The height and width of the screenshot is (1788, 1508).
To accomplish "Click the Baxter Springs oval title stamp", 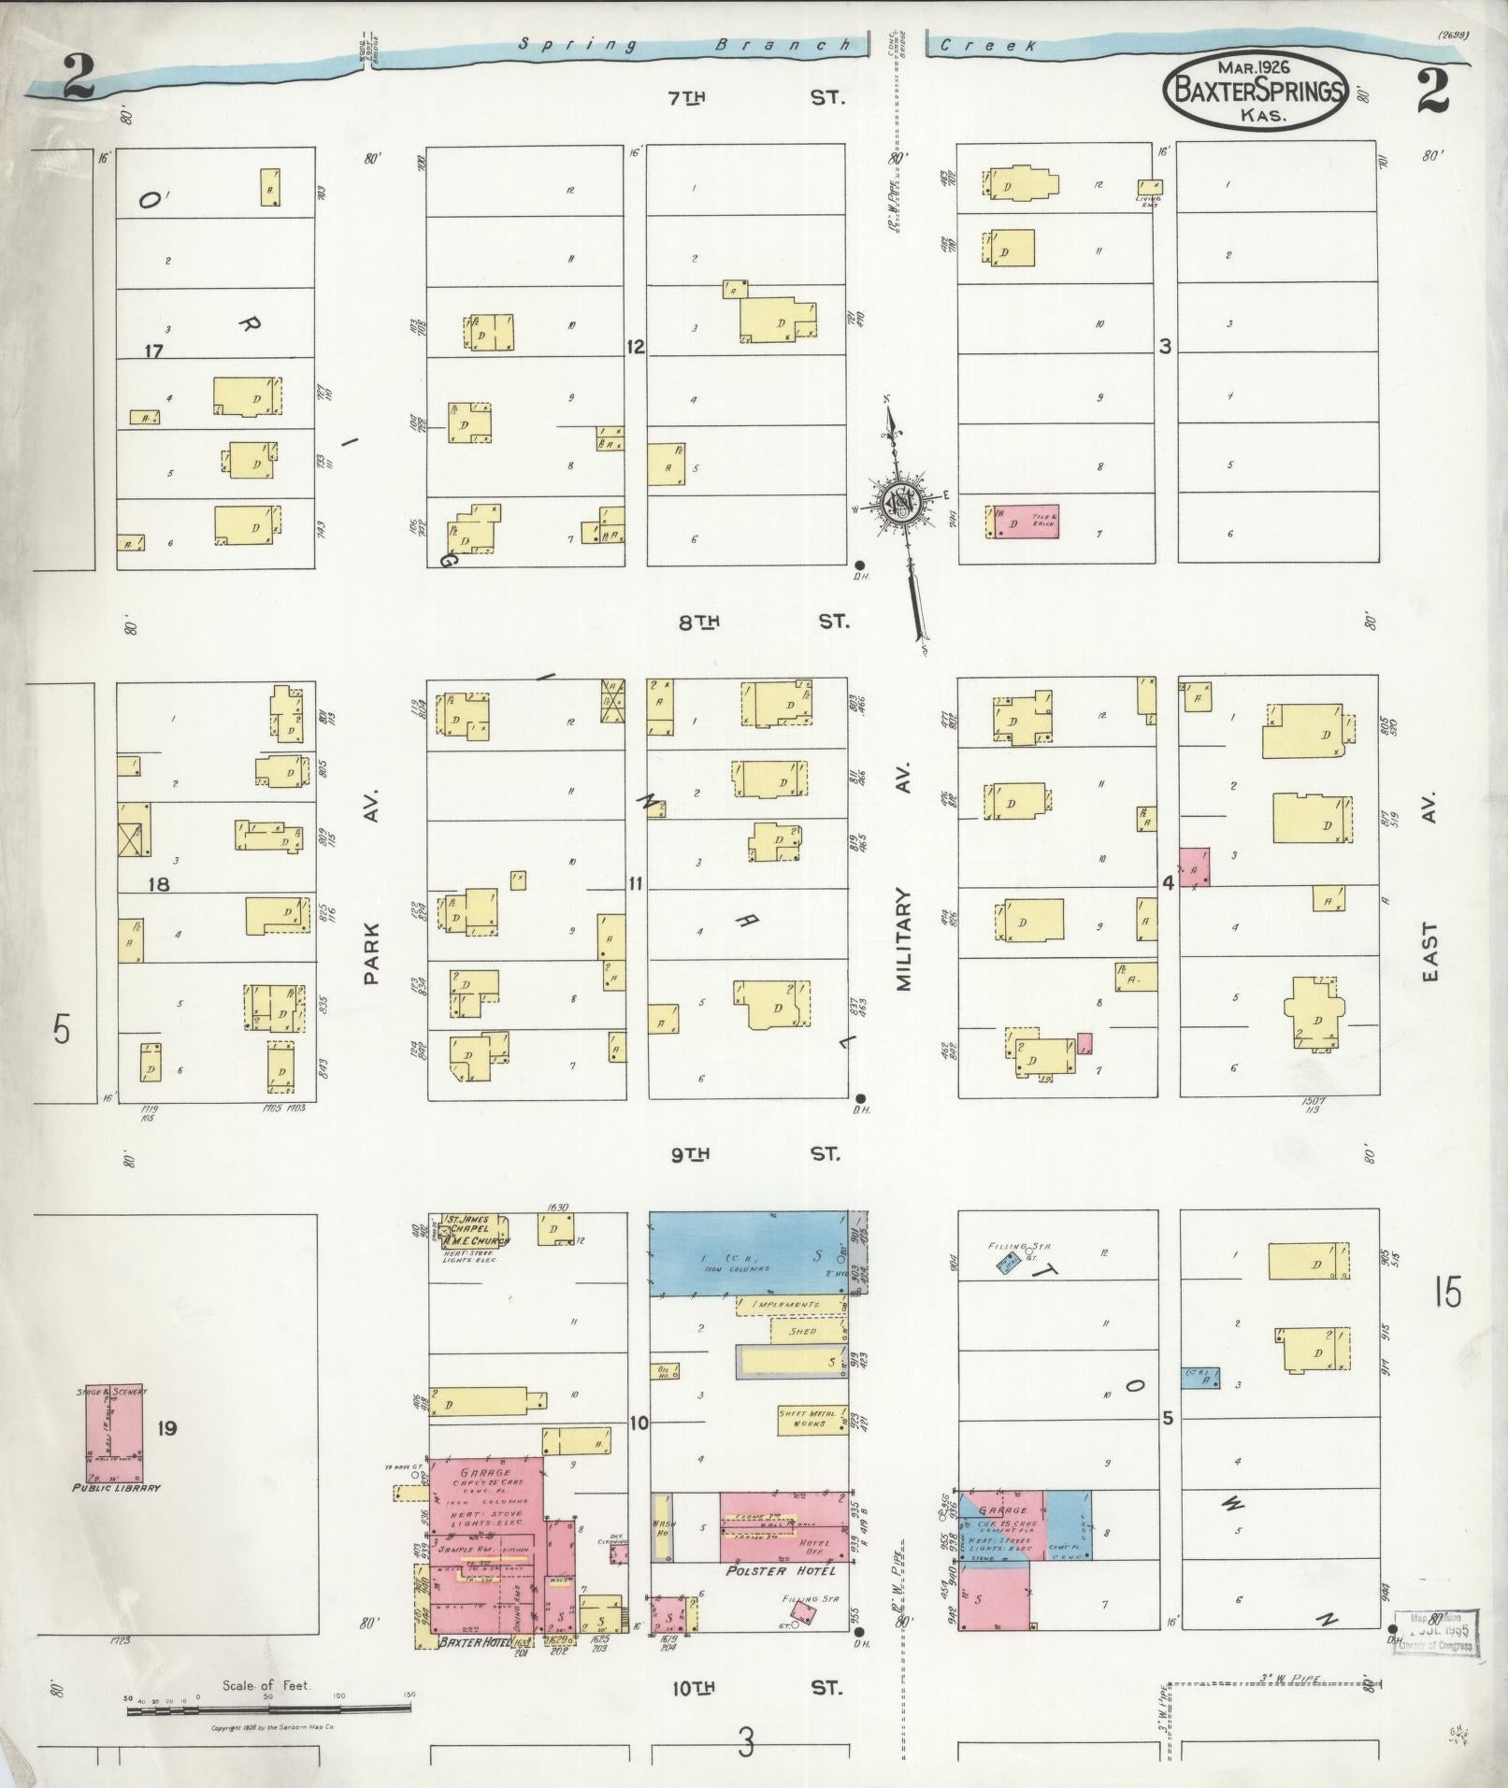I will (1255, 91).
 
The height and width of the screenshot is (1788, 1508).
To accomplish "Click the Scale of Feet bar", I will (268, 1709).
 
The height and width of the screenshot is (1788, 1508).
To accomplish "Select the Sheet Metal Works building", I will (803, 1418).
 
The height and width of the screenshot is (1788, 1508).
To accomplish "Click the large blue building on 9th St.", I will (748, 1253).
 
